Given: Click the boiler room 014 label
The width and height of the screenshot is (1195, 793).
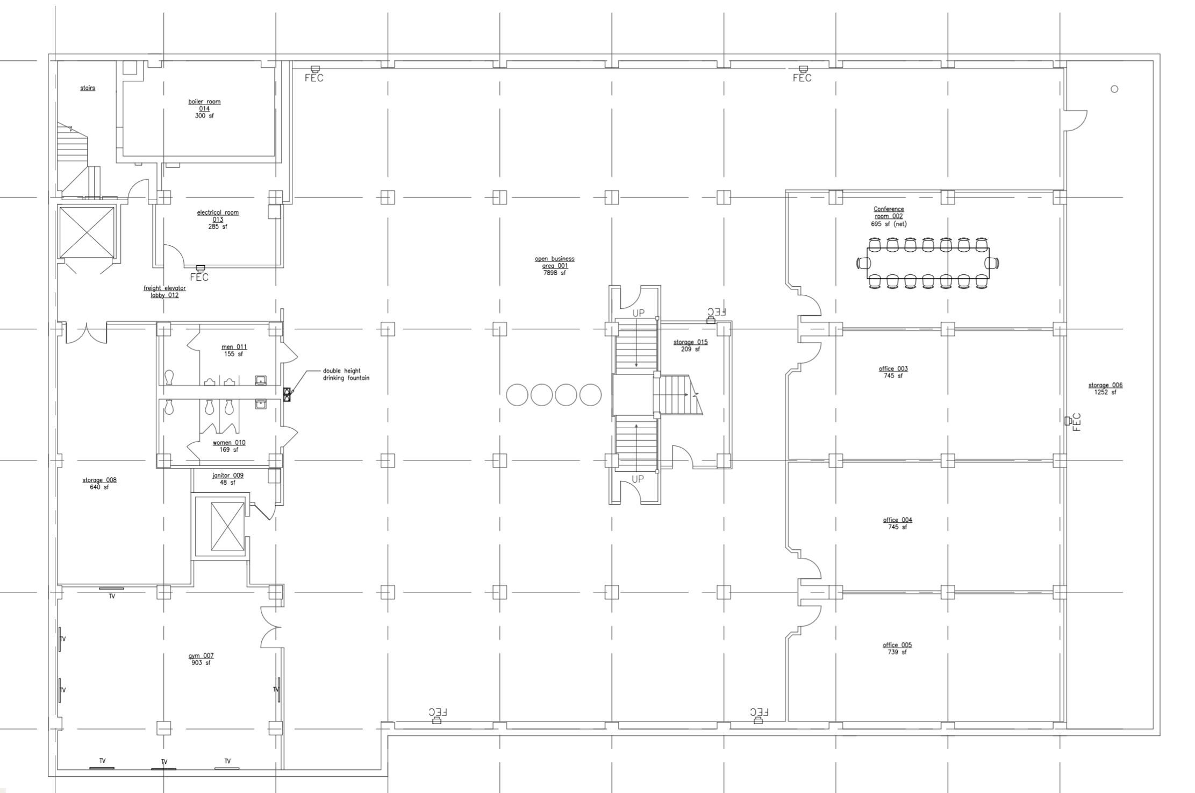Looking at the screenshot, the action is tap(204, 109).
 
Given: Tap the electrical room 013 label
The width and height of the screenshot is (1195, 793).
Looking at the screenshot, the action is tap(218, 220).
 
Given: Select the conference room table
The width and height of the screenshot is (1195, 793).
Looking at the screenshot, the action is tap(928, 263).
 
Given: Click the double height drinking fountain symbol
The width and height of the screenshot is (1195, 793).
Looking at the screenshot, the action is tap(287, 394).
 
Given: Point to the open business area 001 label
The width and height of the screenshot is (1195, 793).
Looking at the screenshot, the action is tap(554, 266).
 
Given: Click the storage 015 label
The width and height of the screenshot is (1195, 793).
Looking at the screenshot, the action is tap(690, 345).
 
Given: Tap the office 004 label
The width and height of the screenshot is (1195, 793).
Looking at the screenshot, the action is tap(897, 523).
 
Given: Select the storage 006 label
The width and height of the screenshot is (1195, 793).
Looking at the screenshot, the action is tap(1105, 388).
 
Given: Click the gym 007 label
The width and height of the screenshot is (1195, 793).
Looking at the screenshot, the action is tap(201, 659).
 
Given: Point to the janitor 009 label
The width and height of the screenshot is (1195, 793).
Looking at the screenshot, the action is tap(228, 479).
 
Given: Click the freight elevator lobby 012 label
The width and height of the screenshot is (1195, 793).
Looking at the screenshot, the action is tap(164, 292).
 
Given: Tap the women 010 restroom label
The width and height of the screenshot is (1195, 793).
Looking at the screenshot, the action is tap(229, 446).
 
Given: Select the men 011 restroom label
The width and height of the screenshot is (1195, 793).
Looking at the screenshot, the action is tap(234, 350).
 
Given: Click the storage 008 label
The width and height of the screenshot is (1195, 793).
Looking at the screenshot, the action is tap(99, 484).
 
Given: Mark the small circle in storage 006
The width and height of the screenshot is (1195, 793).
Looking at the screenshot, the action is tap(1114, 89).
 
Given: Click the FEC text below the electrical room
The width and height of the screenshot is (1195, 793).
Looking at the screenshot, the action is tap(199, 278).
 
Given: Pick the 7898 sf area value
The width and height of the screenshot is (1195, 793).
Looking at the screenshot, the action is tap(554, 273).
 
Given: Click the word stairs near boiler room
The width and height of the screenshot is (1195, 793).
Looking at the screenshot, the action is tap(88, 88).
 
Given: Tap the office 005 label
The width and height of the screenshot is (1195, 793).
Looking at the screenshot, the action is tap(897, 648).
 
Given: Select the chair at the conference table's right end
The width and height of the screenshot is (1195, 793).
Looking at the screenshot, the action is tap(992, 263).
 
